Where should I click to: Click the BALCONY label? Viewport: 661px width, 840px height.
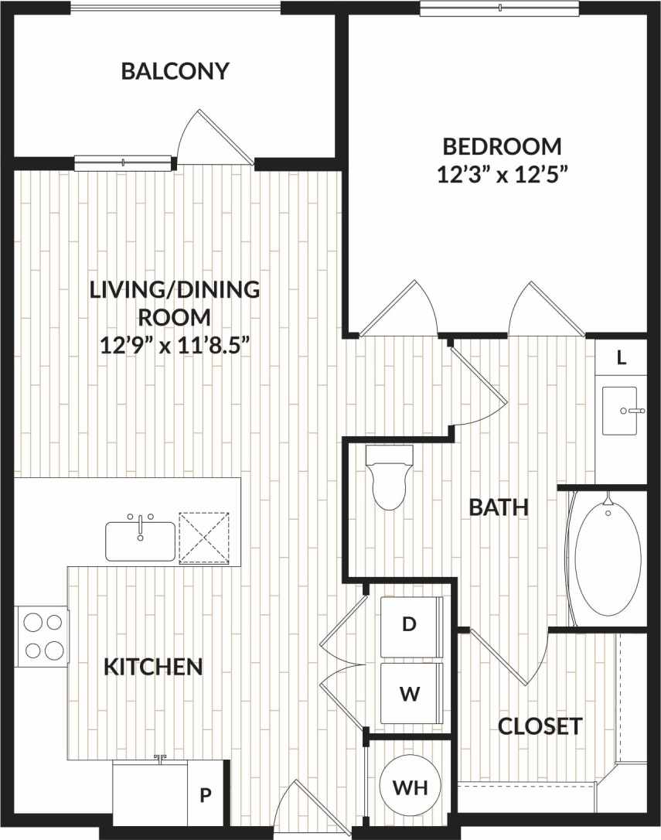point(175,71)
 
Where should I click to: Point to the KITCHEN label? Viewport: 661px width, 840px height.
point(153,666)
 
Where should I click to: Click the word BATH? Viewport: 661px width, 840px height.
point(499,507)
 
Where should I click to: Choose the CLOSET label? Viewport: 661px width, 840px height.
point(540,726)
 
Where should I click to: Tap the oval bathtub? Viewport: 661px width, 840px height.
point(608,558)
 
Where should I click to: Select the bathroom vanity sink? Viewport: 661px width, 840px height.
point(619,411)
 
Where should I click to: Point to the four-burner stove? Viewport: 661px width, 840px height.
point(43,636)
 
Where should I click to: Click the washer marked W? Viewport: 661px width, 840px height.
point(411,693)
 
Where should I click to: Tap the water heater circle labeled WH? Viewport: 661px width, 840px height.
point(410,787)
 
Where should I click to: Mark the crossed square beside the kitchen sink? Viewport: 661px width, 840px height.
point(204,536)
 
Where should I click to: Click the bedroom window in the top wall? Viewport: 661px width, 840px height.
point(499,8)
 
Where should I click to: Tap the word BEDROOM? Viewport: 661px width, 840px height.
point(502,145)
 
